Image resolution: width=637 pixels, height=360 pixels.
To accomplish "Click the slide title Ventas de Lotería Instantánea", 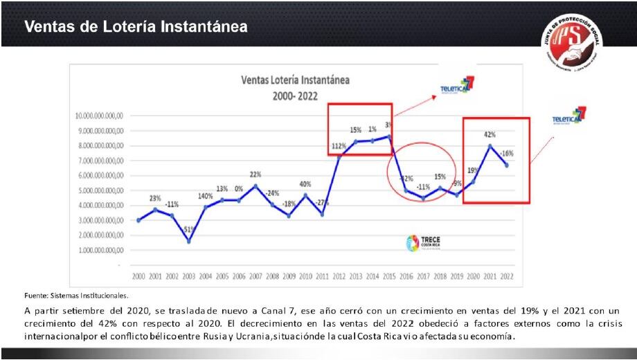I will click(x=136, y=26).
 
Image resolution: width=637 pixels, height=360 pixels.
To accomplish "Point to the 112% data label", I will click(x=339, y=146).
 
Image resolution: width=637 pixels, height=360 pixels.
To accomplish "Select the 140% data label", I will click(x=205, y=196).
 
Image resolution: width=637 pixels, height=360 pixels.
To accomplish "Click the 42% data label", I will click(x=490, y=134).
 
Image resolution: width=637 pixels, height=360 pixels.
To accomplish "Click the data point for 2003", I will click(x=188, y=241).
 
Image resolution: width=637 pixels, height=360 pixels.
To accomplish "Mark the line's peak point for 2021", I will click(x=490, y=145).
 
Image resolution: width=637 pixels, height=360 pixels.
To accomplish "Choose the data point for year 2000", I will click(x=138, y=220).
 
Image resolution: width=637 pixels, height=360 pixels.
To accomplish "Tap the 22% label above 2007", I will click(x=255, y=174).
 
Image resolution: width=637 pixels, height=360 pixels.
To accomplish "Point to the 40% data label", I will click(x=305, y=184).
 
